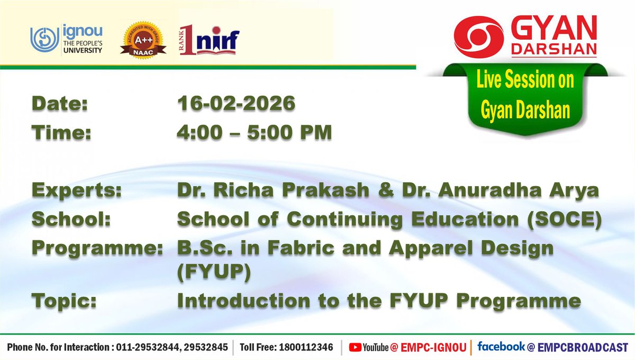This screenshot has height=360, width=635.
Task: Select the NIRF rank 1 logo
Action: [210, 40]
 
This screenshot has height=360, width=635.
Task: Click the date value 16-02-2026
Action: [236, 104]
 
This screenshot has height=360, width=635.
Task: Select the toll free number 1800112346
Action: [306, 348]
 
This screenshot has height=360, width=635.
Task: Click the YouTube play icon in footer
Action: [355, 347]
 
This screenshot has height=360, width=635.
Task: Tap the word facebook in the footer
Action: [501, 347]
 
